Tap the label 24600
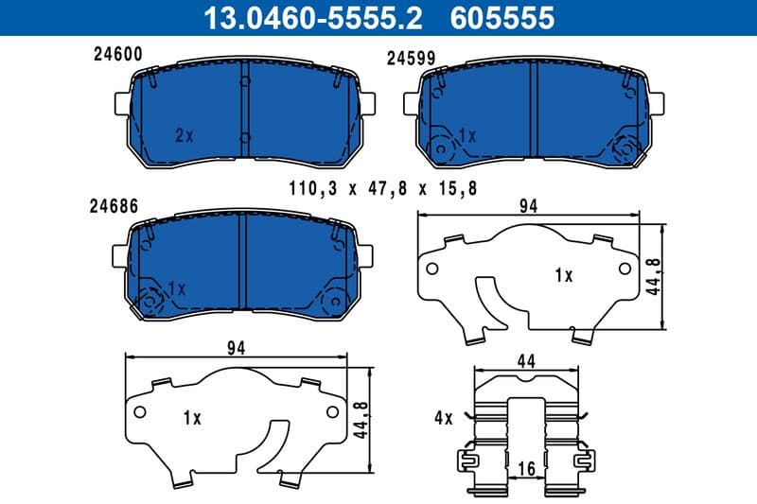pos(117,55)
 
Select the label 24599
pos(412,58)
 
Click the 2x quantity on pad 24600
pos(184,134)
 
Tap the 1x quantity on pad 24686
pos(176,287)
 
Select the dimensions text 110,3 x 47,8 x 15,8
pos(383,188)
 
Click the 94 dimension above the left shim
pos(237,348)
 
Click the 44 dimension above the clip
pos(526,360)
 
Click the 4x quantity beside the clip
pos(446,418)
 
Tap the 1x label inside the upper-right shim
pos(564,275)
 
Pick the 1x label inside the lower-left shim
pos(192,416)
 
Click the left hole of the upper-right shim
pos(432,269)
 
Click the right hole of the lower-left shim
pos(332,411)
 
